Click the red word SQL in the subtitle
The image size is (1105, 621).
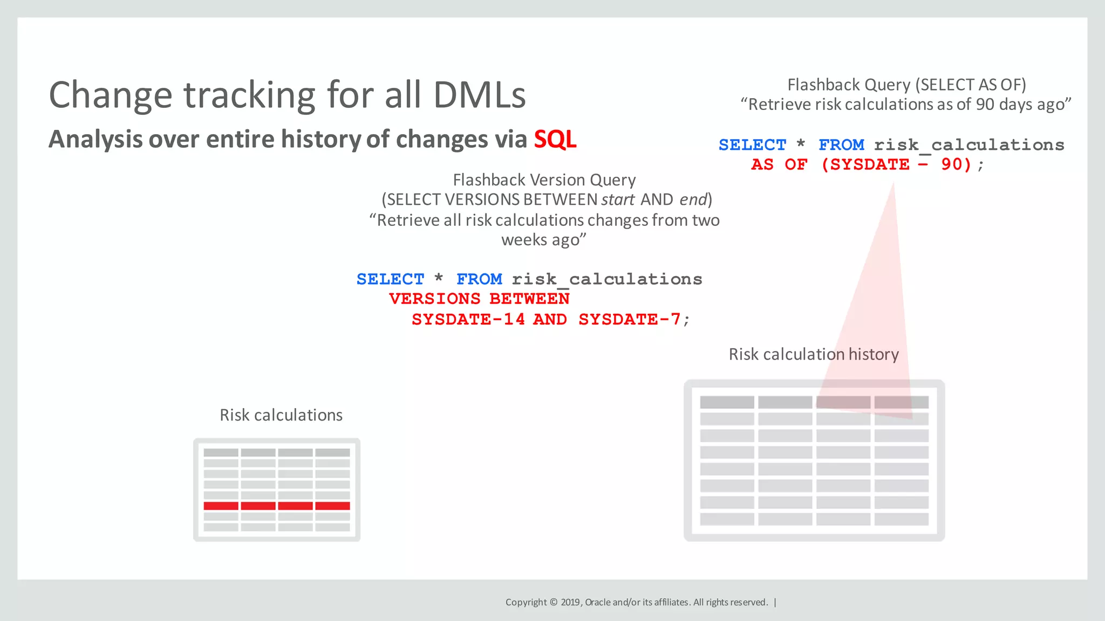555,139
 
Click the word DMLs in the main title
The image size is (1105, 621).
479,95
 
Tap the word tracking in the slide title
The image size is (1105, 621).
249,95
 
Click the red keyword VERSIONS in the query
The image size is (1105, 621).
434,299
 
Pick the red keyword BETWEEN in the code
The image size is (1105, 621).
529,299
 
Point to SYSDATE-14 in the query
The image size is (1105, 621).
468,319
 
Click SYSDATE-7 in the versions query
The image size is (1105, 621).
629,319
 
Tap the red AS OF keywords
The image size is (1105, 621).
779,164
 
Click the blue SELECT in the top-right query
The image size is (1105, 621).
752,144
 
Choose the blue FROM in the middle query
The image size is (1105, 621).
479,279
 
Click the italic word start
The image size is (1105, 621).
618,199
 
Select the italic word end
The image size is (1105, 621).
693,199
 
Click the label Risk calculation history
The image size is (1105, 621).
814,354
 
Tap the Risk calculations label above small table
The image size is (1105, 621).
281,415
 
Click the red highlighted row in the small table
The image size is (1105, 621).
276,506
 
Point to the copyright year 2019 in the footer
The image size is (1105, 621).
571,602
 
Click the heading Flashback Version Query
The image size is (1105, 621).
544,180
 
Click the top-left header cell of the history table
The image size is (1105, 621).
727,402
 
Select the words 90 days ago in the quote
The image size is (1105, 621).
1020,105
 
